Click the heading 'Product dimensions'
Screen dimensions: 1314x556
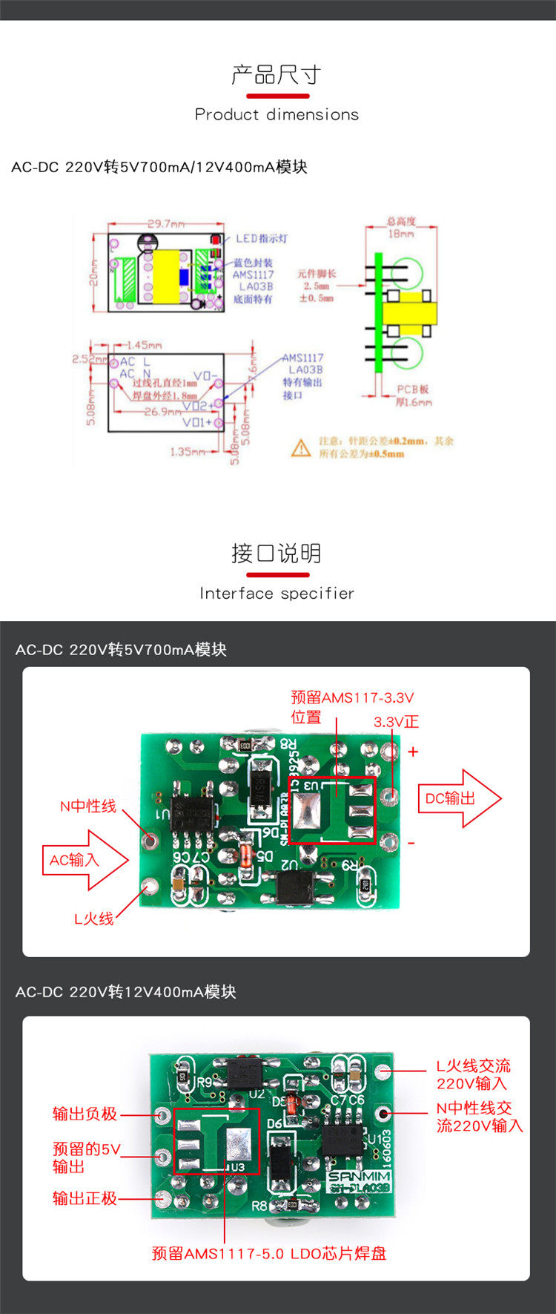[277, 114]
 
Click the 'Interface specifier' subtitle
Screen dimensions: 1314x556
[277, 593]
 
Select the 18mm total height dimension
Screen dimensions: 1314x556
[401, 234]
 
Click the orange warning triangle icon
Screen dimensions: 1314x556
[301, 447]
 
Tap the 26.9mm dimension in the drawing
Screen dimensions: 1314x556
[163, 411]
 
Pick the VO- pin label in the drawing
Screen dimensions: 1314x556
[205, 375]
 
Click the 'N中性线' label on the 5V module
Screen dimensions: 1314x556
[88, 806]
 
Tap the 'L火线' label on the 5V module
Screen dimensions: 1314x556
[93, 919]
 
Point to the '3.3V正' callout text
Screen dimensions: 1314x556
[396, 721]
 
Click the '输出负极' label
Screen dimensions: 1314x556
[85, 1114]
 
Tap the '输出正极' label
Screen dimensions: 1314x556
[85, 1198]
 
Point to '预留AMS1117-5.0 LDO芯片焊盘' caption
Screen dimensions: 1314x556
[269, 1253]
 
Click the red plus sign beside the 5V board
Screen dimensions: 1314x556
[413, 752]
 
